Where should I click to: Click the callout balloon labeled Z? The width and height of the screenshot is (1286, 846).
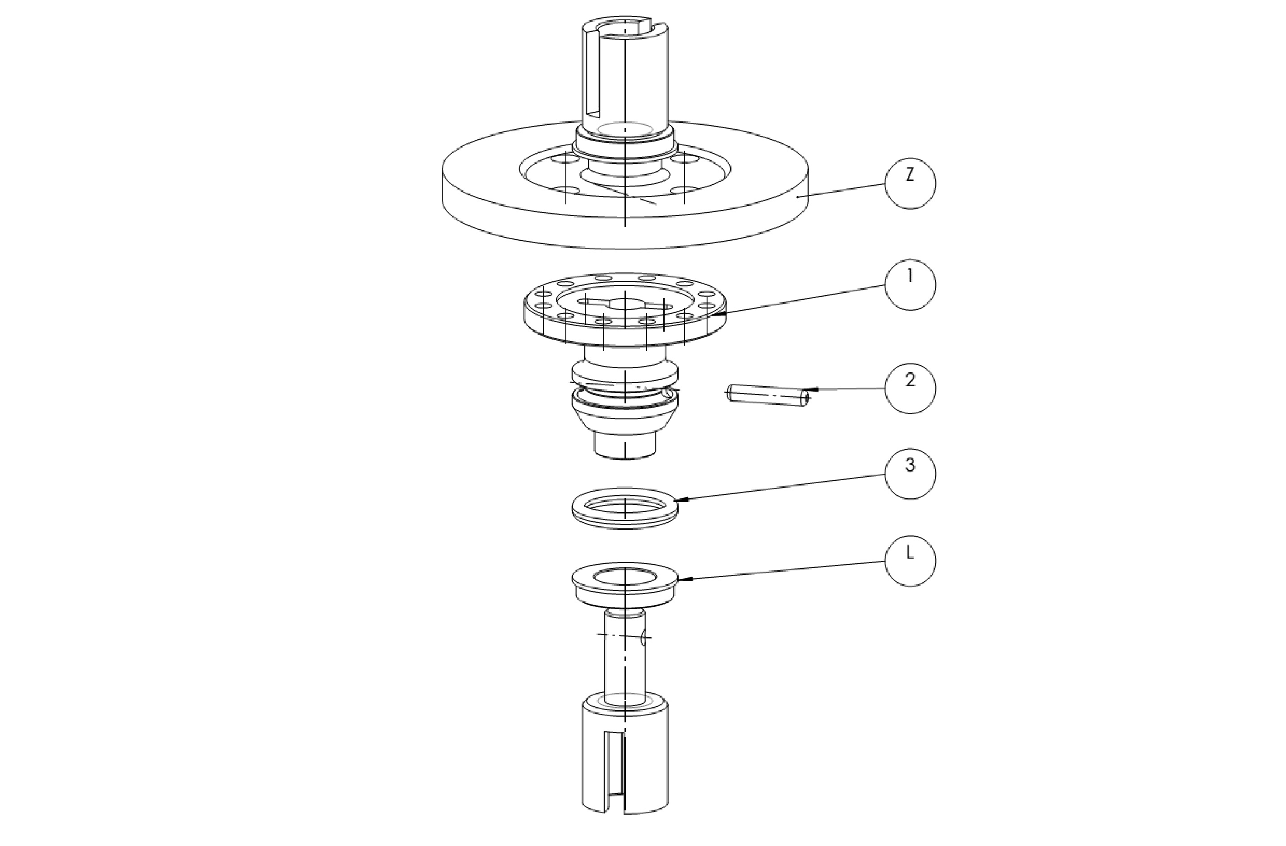(x=910, y=184)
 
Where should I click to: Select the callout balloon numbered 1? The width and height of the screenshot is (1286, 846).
(x=910, y=285)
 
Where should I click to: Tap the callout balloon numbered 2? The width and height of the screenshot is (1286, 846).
(x=910, y=388)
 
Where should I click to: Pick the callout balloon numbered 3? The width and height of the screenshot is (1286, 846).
(x=910, y=474)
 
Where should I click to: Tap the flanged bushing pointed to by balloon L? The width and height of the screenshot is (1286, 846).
(x=624, y=585)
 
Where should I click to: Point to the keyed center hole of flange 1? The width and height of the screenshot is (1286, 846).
(x=624, y=305)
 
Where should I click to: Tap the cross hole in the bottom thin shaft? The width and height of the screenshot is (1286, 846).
(x=643, y=638)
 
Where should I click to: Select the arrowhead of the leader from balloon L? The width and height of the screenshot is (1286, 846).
(x=682, y=580)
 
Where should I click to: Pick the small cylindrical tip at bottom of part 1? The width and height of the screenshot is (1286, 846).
(x=624, y=446)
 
